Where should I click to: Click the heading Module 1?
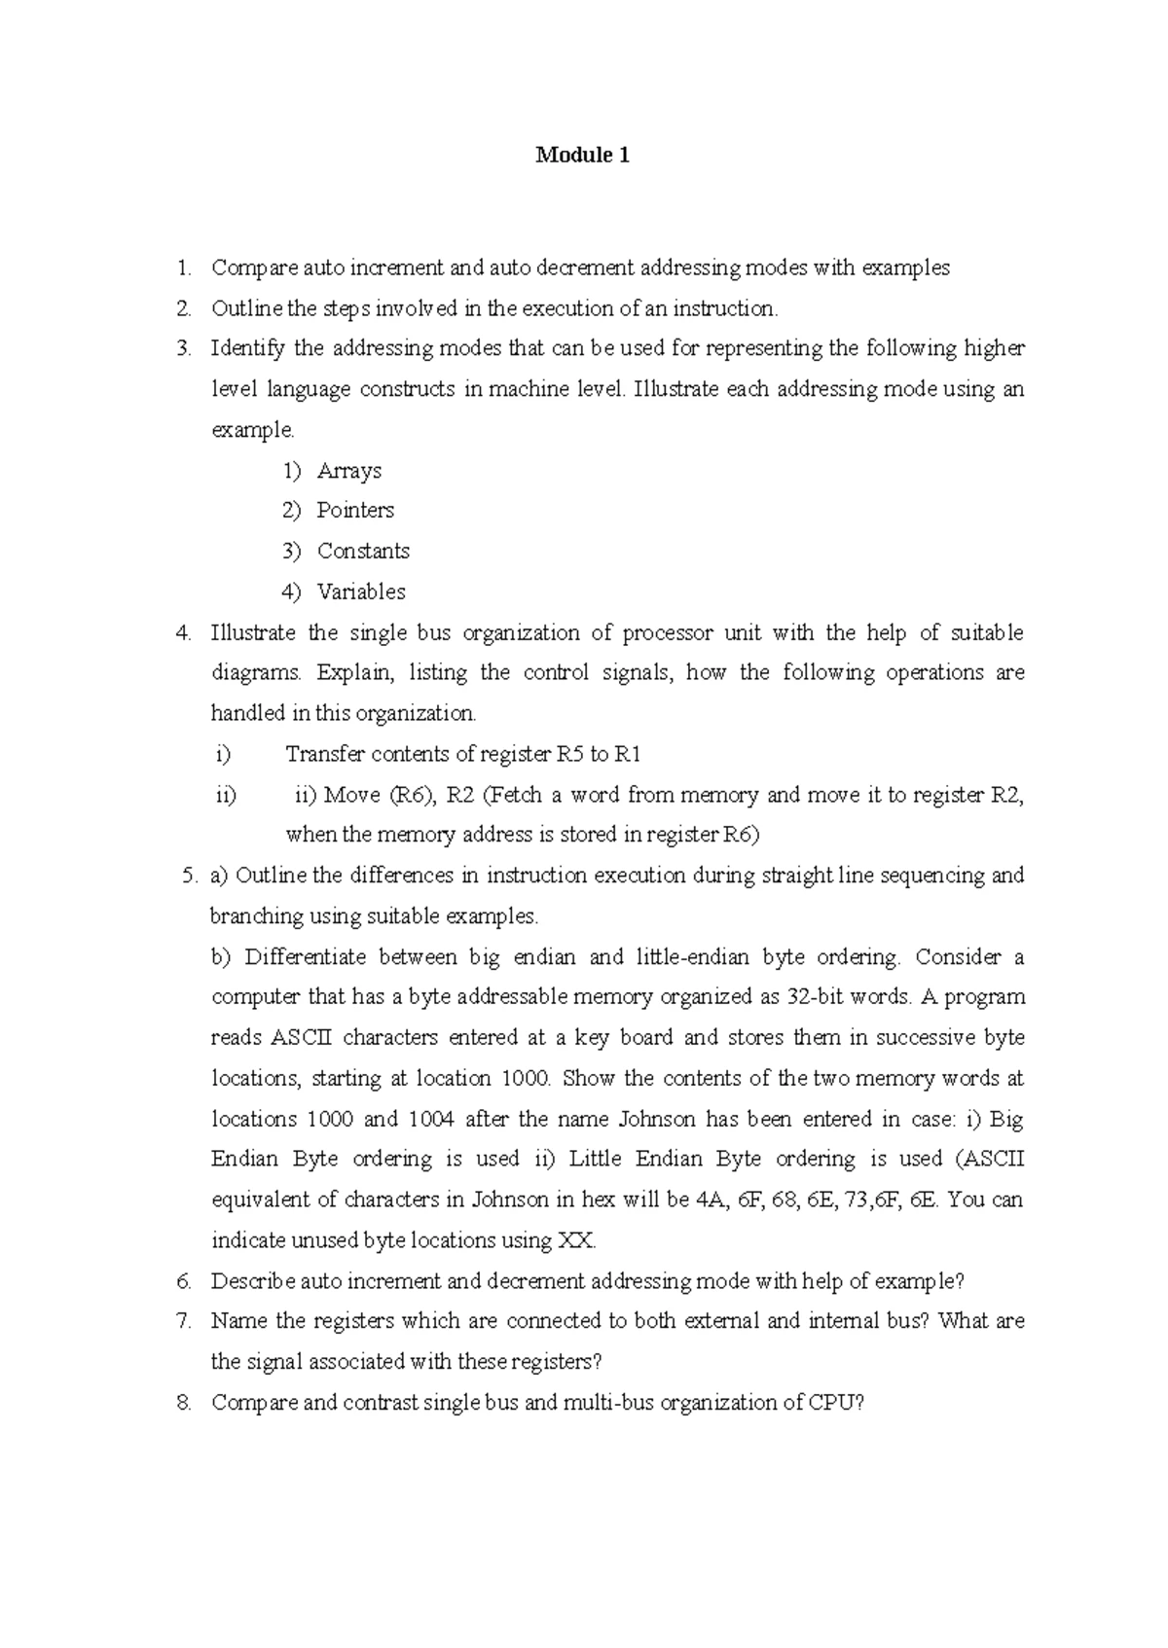pos(582,155)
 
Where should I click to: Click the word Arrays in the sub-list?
pos(348,471)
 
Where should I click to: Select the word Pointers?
pos(354,511)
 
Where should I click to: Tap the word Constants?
pos(363,552)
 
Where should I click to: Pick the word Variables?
pos(360,591)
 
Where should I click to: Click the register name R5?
pos(569,754)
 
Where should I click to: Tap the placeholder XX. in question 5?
pos(576,1240)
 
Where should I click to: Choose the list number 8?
pos(184,1403)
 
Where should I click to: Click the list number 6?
pos(184,1281)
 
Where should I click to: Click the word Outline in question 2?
pos(246,308)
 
